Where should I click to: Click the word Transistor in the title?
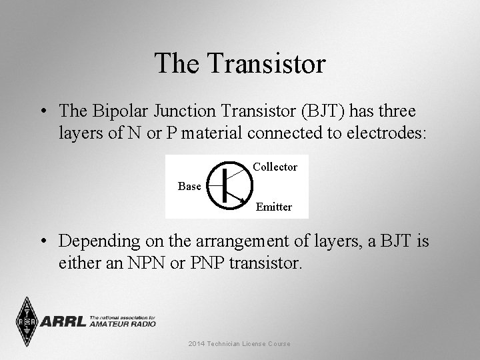pyautogui.click(x=267, y=64)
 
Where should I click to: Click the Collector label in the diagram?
pyautogui.click(x=275, y=167)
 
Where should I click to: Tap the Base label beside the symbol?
pyautogui.click(x=189, y=187)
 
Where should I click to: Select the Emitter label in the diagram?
pyautogui.click(x=274, y=207)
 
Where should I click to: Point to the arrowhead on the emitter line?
pyautogui.click(x=241, y=199)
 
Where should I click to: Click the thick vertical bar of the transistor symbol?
pyautogui.click(x=225, y=185)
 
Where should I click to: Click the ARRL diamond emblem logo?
pyautogui.click(x=27, y=322)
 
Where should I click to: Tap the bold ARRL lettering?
pyautogui.click(x=64, y=322)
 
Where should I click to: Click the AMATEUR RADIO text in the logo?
pyautogui.click(x=124, y=324)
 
